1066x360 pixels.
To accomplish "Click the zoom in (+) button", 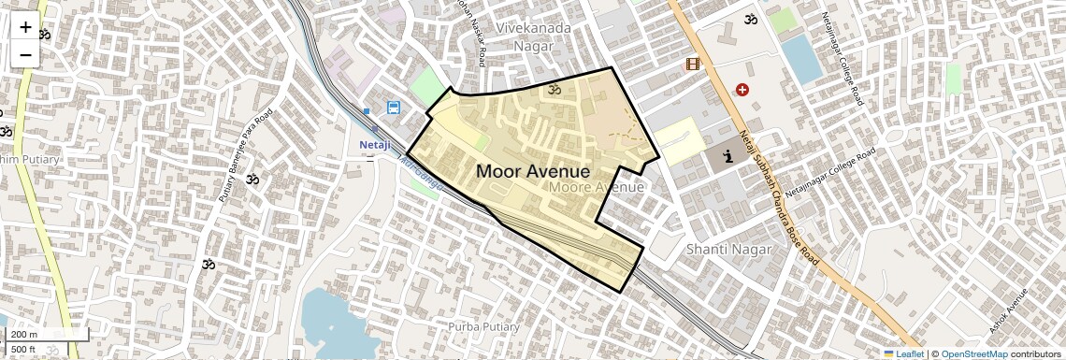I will click(25, 27).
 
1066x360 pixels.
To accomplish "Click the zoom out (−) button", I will click(25, 54).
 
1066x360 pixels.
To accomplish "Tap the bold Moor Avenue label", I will click(533, 171).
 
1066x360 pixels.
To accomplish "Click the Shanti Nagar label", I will click(728, 249).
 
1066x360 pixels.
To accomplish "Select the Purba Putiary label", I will click(483, 326).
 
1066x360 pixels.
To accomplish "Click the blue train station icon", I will click(394, 108).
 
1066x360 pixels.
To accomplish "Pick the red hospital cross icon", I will click(742, 90).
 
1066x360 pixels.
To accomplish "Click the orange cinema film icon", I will click(692, 64).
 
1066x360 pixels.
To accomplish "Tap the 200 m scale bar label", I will click(24, 335).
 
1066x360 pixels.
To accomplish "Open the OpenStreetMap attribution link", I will click(974, 353).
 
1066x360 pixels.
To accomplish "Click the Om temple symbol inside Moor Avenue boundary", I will click(553, 90).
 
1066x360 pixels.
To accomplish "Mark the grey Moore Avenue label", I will click(598, 187).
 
